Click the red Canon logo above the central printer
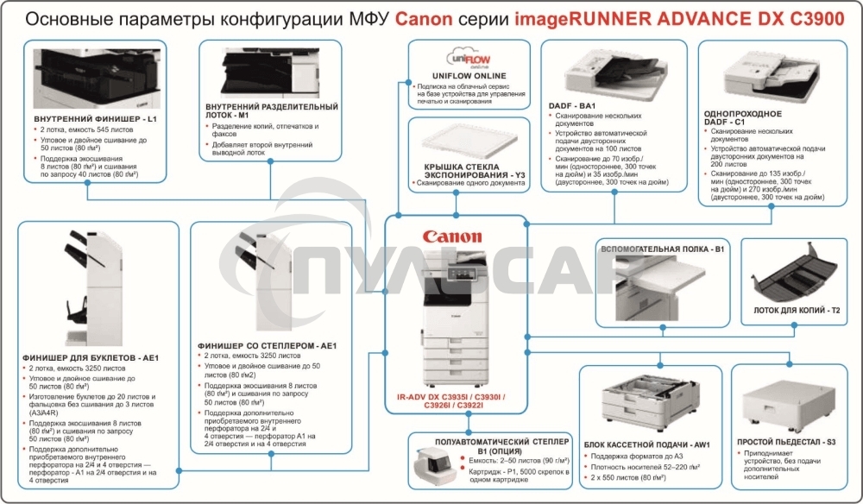pos(452,236)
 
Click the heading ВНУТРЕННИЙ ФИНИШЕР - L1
pos(95,117)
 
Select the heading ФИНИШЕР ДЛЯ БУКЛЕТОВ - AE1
pos(91,357)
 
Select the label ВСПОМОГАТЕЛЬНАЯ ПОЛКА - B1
pos(662,249)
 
